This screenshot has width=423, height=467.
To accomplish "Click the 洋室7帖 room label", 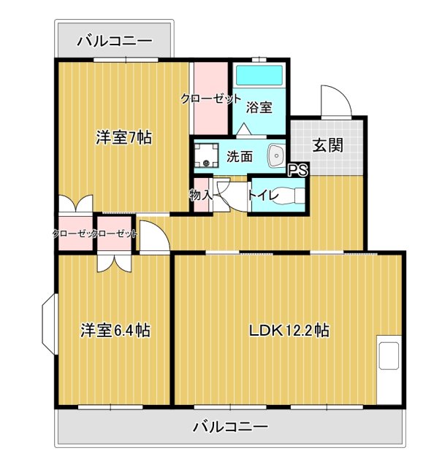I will (123, 137).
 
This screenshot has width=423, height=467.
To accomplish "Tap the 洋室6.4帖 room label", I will (115, 331).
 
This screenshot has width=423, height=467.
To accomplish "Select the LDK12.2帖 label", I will (289, 331).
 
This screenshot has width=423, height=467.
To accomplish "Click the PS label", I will (297, 170).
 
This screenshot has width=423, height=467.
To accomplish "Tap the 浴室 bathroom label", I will (259, 107).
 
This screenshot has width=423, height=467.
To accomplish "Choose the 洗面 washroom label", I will (239, 155).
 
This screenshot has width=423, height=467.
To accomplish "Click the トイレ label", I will (261, 195).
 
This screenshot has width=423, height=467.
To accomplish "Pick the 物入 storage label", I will (200, 195).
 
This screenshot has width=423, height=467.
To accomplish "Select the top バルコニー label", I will (114, 42).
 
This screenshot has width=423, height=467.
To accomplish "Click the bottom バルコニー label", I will (230, 426).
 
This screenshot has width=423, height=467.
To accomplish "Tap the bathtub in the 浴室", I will (259, 76).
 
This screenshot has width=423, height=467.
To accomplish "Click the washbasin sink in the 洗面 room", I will (277, 155).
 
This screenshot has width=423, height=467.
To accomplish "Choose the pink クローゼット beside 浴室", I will (210, 99).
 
